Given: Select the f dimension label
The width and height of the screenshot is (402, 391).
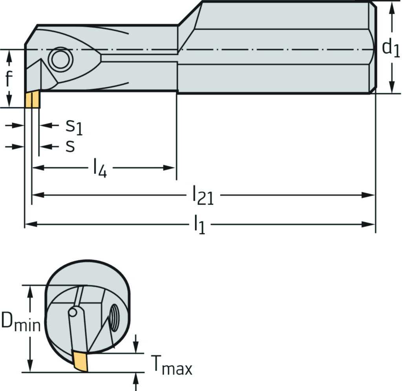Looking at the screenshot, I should (9, 79).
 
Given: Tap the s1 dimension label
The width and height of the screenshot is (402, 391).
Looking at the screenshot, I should (74, 127).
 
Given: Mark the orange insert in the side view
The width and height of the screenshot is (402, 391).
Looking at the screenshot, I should (32, 100).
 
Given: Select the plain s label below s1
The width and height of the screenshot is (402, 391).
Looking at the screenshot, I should (70, 146).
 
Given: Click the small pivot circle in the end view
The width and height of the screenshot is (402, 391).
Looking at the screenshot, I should (73, 312).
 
